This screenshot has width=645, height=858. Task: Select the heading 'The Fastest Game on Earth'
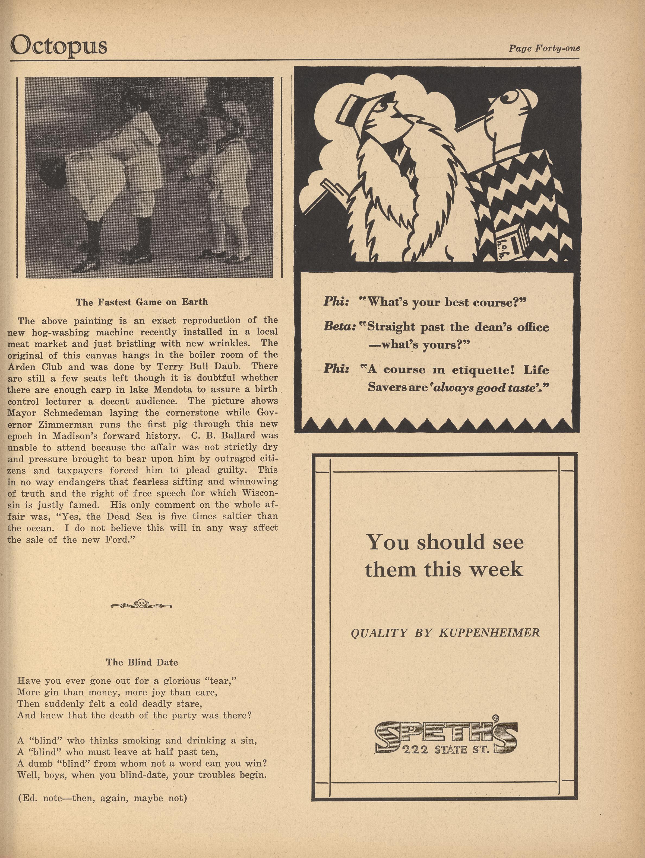click(142, 302)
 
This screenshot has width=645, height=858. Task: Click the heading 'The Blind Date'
click(142, 662)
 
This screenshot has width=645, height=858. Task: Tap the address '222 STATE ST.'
click(446, 749)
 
